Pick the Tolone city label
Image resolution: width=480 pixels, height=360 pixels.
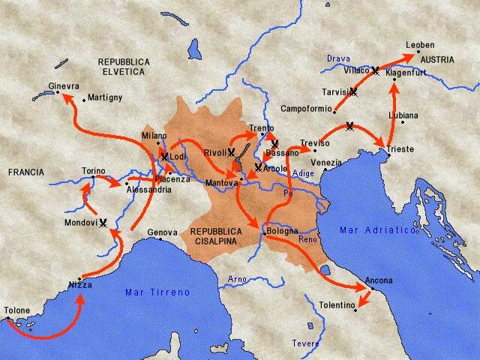point(17,310)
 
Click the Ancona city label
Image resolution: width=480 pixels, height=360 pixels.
point(379,280)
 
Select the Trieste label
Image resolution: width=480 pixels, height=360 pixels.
point(400,149)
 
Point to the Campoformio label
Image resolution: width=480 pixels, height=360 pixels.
point(305,108)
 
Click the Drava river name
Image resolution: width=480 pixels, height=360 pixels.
point(338,58)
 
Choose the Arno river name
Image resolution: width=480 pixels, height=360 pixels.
point(236,280)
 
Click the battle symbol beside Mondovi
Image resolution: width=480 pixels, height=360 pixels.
point(104,222)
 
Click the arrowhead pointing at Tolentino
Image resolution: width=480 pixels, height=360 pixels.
point(361,303)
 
